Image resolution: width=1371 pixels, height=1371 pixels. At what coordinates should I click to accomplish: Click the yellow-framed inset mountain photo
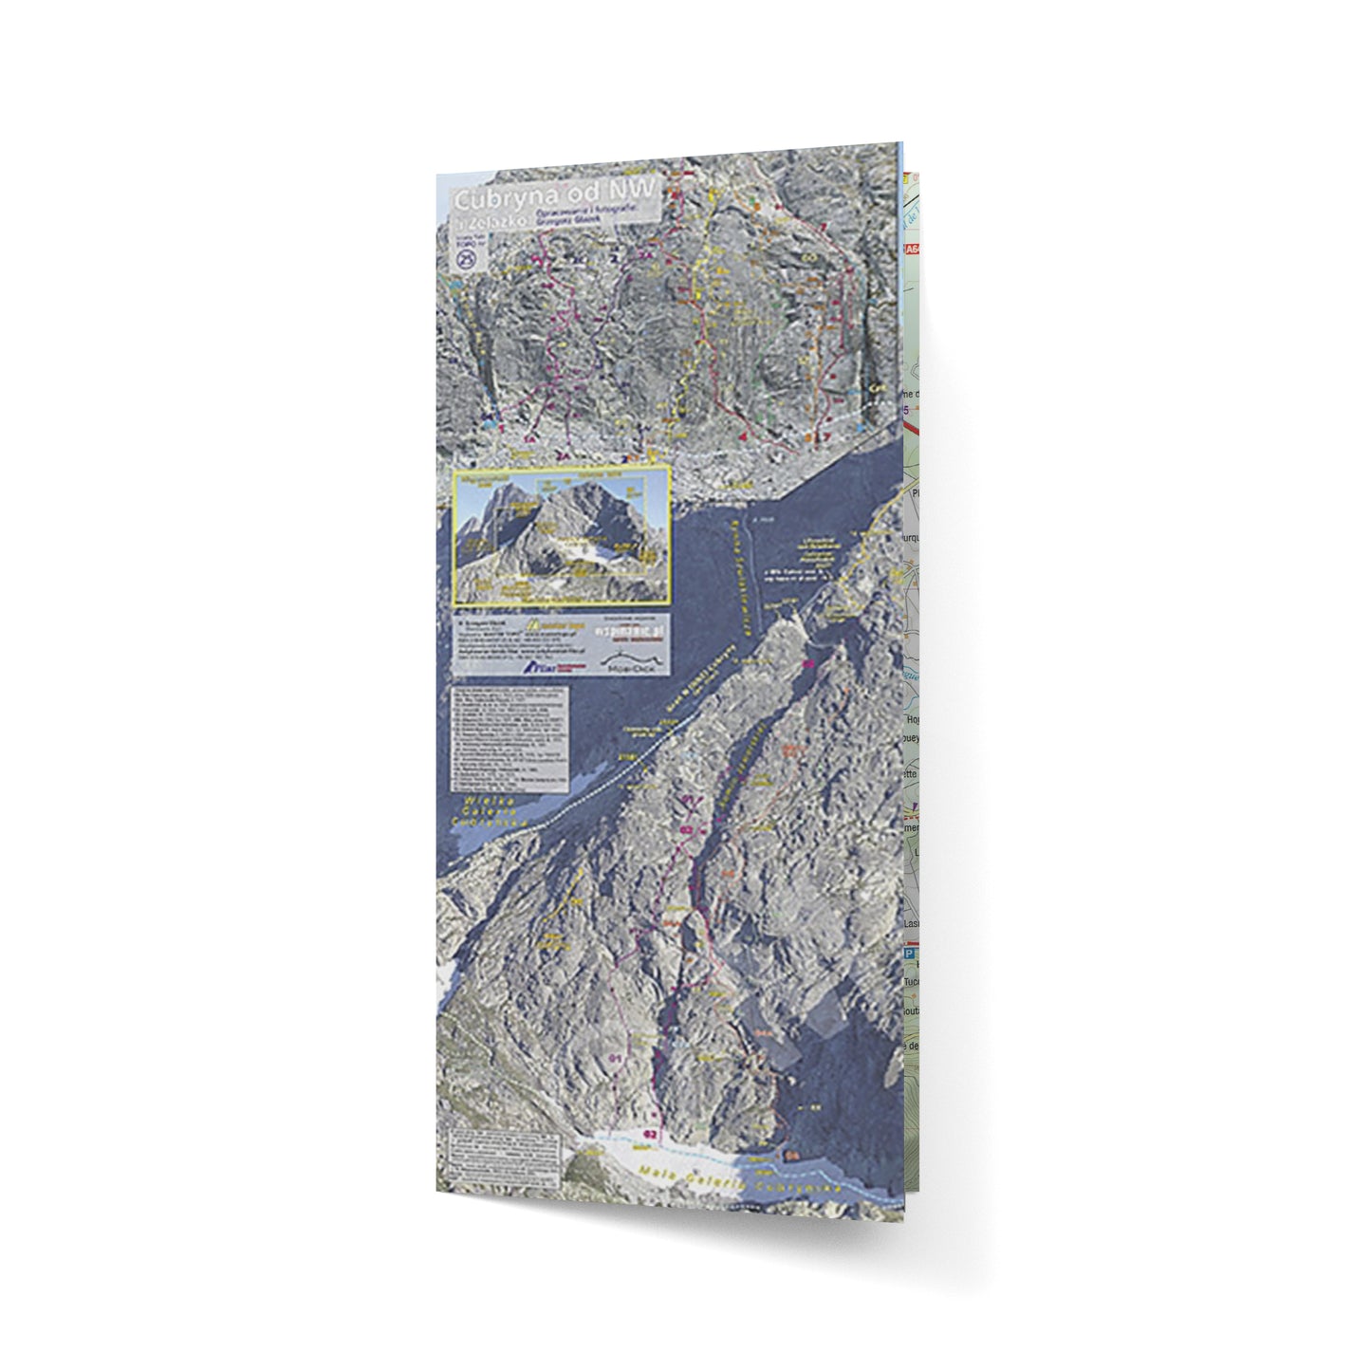pos(562,536)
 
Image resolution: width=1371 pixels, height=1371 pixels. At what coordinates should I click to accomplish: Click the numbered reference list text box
pos(510,738)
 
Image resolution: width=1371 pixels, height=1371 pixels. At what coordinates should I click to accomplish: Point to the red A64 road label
pos(912,250)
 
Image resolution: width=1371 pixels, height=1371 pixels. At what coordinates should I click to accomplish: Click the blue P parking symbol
pos(909,952)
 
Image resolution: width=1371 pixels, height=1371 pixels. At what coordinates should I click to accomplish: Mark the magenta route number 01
pos(614,1056)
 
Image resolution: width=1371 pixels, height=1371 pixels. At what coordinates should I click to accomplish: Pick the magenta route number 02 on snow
pos(650,1134)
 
